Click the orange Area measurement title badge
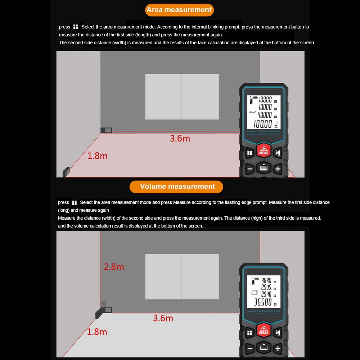(179, 10)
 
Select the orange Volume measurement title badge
(177, 186)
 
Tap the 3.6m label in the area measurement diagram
(180, 138)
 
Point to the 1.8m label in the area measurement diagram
(97, 156)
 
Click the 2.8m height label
(114, 267)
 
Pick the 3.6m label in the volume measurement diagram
(163, 318)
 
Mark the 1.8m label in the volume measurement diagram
(97, 332)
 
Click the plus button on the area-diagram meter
(278, 169)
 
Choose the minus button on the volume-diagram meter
(250, 348)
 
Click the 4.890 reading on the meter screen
(266, 280)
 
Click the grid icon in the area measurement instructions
(76, 27)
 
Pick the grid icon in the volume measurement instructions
(75, 203)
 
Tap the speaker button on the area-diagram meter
(277, 153)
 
